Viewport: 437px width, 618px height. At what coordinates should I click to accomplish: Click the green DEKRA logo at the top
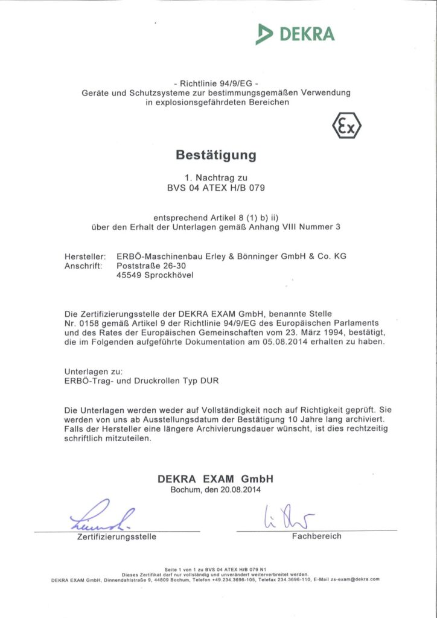coord(295,33)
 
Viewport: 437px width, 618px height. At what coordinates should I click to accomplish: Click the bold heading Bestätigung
coord(216,155)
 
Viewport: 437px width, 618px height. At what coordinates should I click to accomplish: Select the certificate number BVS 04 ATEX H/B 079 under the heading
coord(216,187)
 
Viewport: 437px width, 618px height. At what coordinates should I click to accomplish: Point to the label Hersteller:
coord(85,256)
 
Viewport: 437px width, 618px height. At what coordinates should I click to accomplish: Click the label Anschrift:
coord(84,266)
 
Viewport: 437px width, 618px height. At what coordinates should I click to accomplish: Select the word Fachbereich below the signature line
coord(316,536)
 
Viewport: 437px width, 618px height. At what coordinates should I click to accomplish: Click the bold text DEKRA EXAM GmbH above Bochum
coord(216,479)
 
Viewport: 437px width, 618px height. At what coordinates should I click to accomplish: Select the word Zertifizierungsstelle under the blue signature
coord(116,537)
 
